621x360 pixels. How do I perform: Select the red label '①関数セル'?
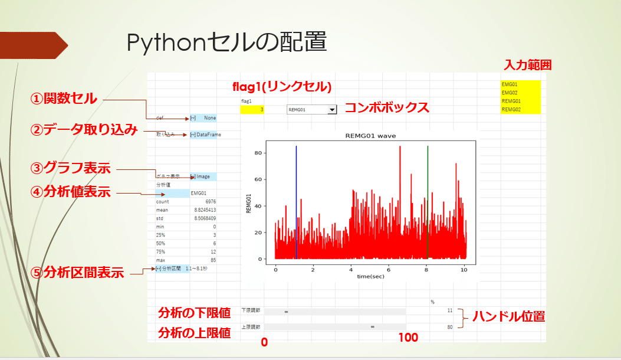point(64,99)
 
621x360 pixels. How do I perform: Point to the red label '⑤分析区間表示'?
point(77,273)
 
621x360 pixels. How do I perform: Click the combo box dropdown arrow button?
point(332,109)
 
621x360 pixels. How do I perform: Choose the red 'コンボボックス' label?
point(386,108)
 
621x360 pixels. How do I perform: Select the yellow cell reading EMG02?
point(520,93)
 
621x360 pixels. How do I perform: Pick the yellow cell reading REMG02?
point(520,109)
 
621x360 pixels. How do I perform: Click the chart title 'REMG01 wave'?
point(370,136)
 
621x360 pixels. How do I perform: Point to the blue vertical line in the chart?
point(296,201)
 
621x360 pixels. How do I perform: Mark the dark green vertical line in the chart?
point(428,201)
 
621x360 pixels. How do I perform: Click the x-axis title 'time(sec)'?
point(371,276)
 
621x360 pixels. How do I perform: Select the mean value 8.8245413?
point(205,210)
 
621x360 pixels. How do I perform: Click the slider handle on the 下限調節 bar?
point(286,311)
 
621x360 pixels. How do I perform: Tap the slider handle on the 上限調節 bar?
point(373,326)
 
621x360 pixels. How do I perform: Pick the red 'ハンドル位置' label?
point(508,318)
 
